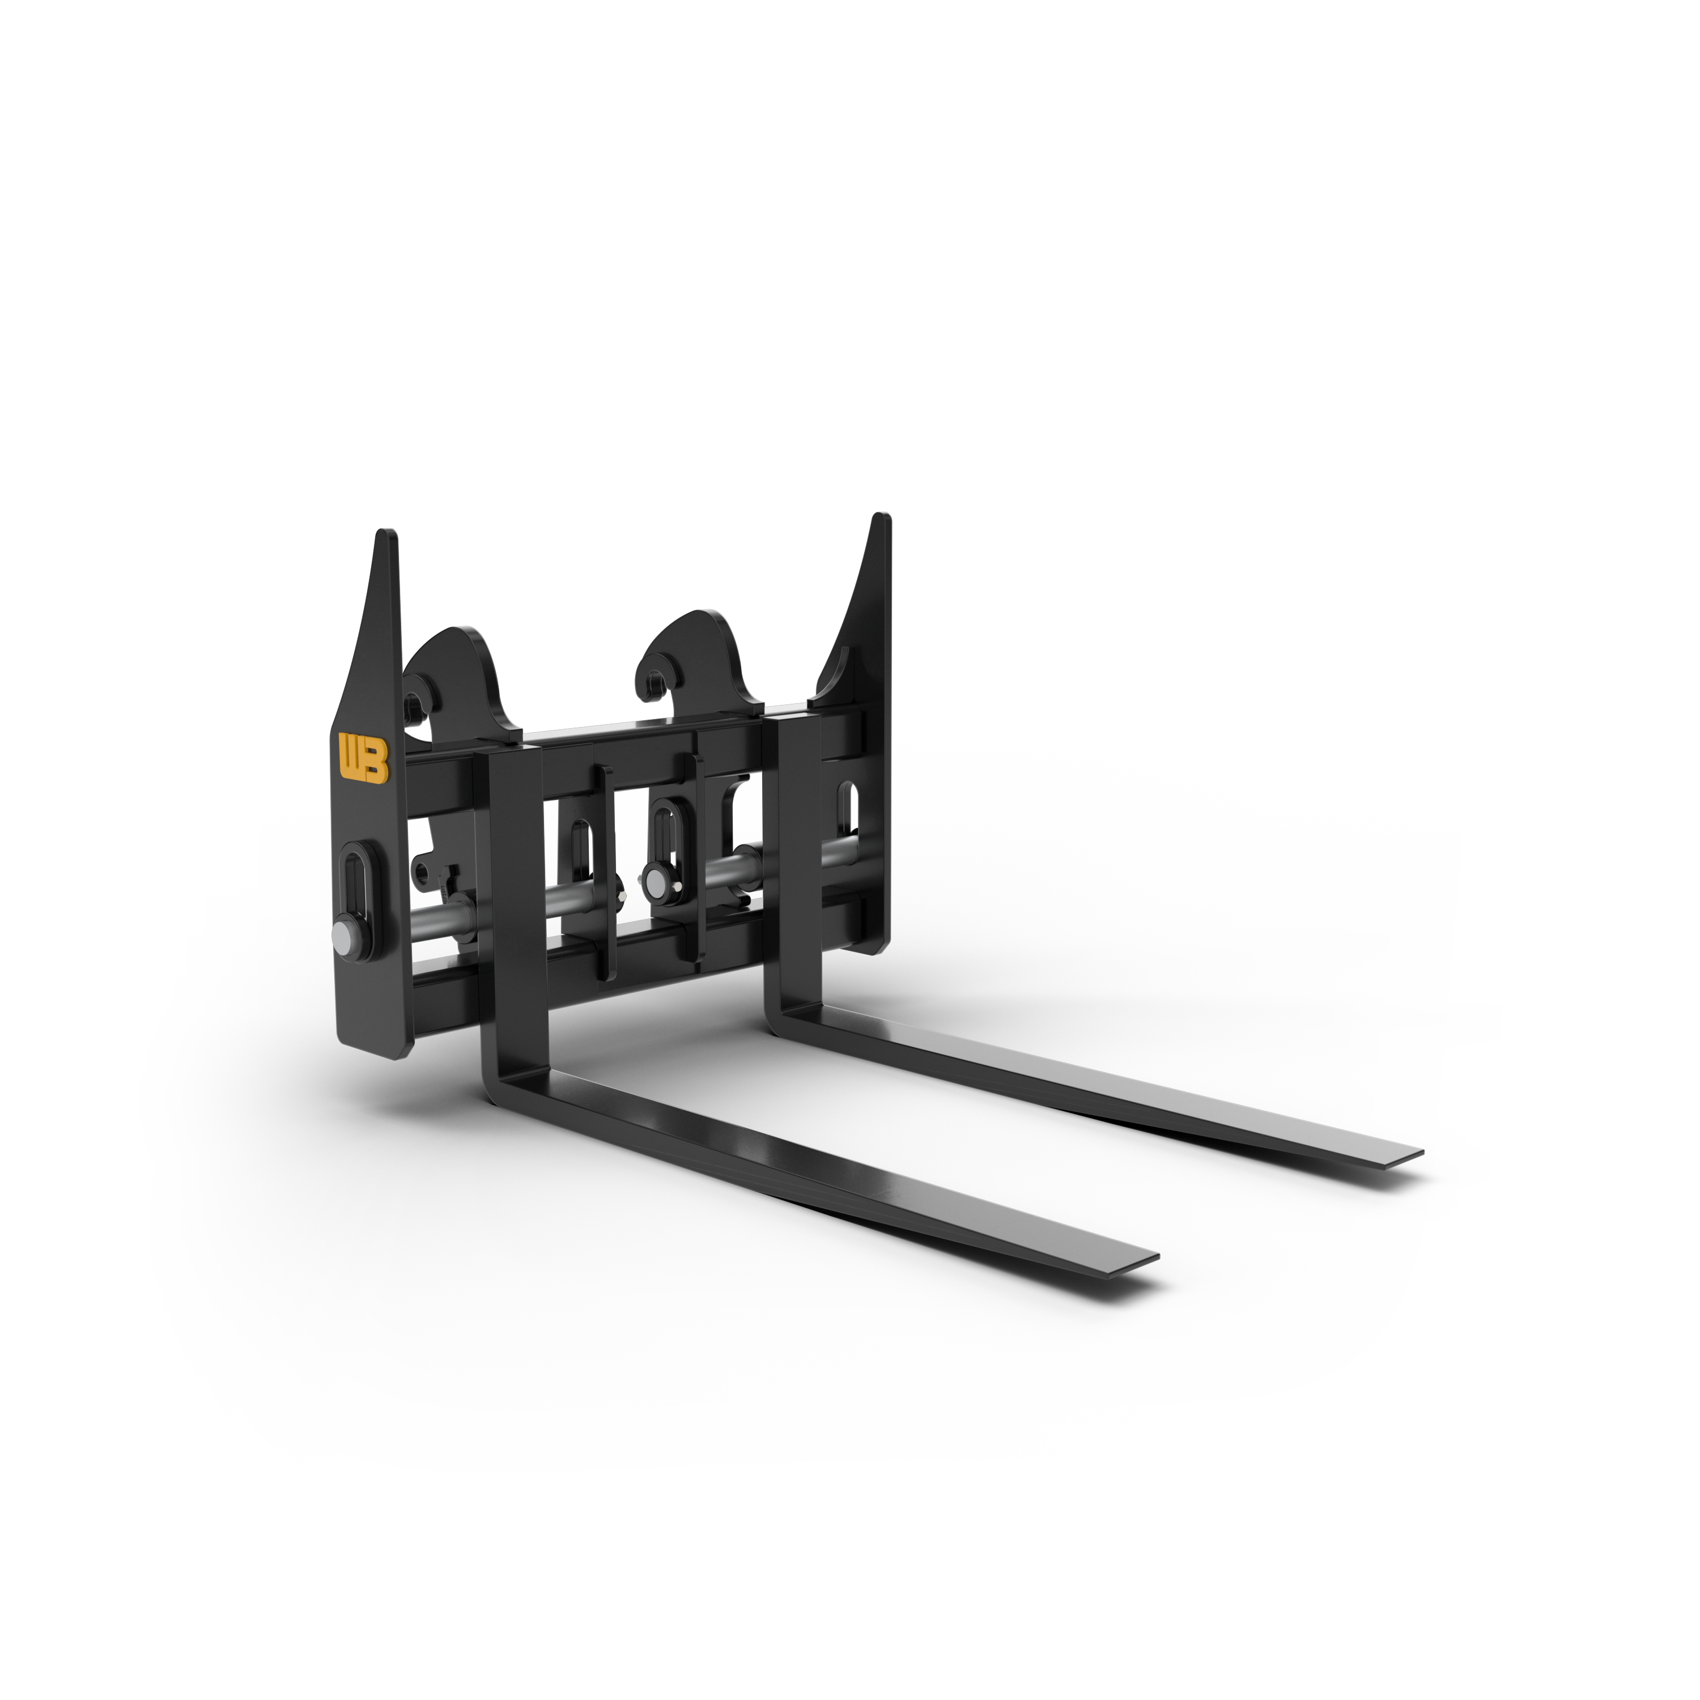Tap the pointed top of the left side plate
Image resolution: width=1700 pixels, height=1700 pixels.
(x=385, y=534)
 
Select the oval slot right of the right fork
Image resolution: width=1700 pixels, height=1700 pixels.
(x=847, y=807)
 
